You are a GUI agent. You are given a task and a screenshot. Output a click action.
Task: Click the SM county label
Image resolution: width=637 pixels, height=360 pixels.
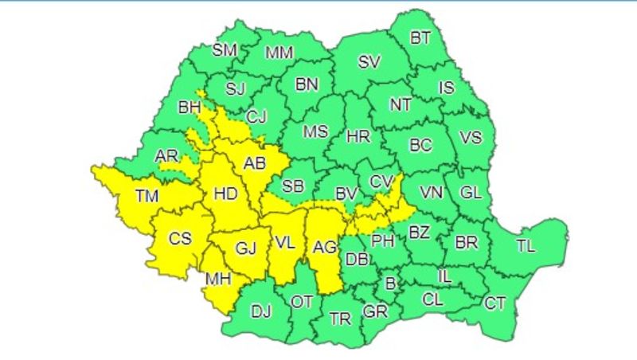[225, 49]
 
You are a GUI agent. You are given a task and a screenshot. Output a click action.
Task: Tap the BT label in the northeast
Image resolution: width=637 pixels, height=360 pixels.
[420, 37]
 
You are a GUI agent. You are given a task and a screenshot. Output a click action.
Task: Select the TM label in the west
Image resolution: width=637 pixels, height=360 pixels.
[147, 195]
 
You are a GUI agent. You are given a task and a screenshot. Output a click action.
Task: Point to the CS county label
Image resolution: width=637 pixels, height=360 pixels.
[180, 237]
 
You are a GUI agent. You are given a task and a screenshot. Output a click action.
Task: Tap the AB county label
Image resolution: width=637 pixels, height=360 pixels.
[254, 164]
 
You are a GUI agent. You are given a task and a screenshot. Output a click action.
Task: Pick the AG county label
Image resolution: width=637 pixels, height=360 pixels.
[324, 247]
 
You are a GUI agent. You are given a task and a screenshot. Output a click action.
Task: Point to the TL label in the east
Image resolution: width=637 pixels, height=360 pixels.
[526, 245]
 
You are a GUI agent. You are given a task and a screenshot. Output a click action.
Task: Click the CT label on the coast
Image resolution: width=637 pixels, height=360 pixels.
[495, 303]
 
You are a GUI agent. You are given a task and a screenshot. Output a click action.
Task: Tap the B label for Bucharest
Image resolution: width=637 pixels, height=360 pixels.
[390, 283]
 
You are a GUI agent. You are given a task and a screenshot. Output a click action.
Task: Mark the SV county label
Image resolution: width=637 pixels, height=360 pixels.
[369, 62]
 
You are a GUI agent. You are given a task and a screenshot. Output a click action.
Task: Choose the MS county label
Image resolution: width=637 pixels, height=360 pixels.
[315, 131]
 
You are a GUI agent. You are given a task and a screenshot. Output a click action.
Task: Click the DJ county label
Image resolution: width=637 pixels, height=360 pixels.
[261, 311]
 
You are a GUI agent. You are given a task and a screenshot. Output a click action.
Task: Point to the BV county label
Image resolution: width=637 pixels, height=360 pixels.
[346, 193]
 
